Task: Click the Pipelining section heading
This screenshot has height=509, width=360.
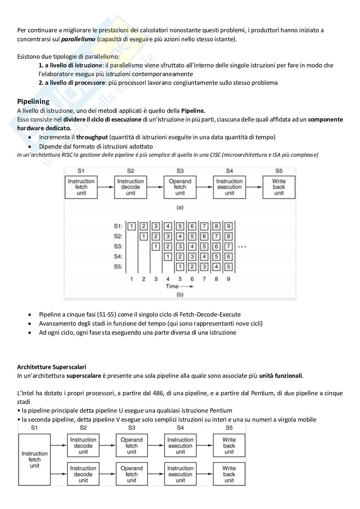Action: tap(33, 102)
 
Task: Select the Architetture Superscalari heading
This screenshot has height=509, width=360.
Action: tap(52, 367)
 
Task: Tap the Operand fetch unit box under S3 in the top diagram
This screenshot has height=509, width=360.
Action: tap(180, 187)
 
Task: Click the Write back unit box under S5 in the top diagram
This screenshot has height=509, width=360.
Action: tap(279, 187)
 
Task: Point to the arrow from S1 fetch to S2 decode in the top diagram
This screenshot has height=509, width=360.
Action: tap(106, 187)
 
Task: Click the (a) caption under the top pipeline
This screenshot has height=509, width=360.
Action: tap(180, 207)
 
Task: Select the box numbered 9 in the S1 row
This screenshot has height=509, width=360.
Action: tap(228, 226)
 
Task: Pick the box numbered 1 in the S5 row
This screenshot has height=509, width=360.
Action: tap(180, 267)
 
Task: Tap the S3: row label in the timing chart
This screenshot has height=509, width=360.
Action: tap(118, 247)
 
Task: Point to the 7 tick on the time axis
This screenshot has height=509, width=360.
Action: tap(204, 279)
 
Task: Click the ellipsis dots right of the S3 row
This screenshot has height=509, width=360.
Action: tap(242, 247)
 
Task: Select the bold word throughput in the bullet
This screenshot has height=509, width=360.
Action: tap(92, 137)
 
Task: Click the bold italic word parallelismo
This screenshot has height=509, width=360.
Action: tap(78, 39)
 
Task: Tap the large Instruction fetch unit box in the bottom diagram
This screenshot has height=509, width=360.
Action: tap(35, 459)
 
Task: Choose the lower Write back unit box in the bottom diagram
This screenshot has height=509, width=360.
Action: tap(229, 474)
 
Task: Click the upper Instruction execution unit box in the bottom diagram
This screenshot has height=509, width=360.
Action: tap(180, 445)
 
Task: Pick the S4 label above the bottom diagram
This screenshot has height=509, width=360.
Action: tap(180, 428)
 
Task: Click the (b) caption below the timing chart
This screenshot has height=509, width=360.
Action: tap(180, 295)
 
